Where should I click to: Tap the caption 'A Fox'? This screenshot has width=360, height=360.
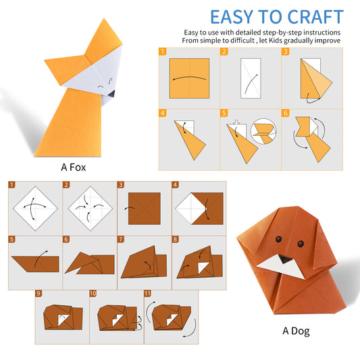pyautogui.click(x=73, y=165)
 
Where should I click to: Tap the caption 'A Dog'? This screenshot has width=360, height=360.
pyautogui.click(x=296, y=331)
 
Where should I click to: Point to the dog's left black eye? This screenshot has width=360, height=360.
pyautogui.click(x=276, y=237)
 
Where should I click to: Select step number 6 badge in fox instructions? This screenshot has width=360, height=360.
pyautogui.click(x=285, y=113)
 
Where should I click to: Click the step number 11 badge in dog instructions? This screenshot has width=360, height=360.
pyautogui.click(x=148, y=294)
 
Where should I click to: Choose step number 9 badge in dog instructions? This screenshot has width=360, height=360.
pyautogui.click(x=39, y=294)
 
